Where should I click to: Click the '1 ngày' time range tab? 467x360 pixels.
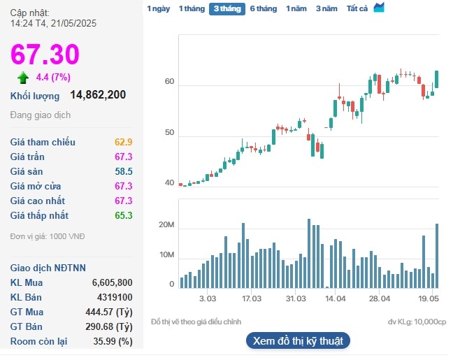[158, 8]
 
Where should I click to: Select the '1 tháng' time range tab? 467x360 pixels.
[192, 8]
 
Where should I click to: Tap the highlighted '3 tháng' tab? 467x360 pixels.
[227, 8]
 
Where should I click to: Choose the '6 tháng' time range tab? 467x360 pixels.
[263, 8]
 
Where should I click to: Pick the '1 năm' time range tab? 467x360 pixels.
[296, 8]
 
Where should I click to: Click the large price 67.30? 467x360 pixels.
[45, 54]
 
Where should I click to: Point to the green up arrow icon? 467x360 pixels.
[23, 77]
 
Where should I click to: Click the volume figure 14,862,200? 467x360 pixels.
[98, 94]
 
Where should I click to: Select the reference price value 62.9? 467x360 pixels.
[124, 142]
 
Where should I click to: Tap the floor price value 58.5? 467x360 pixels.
[124, 171]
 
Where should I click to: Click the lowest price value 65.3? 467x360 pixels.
[124, 215]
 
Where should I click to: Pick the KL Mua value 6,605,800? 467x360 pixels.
[112, 282]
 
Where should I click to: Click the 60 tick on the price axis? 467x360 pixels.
[168, 82]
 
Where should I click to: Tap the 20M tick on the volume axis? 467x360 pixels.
[166, 225]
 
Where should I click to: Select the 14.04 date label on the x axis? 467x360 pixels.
[336, 298]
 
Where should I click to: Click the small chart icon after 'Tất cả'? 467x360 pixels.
[379, 8]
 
